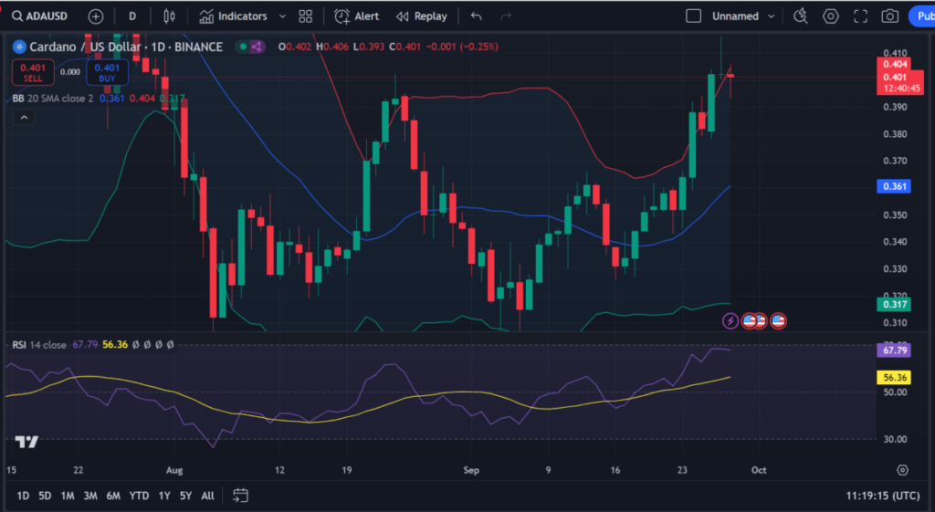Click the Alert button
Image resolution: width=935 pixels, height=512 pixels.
pos(357,16)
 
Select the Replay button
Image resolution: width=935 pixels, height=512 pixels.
pos(421,16)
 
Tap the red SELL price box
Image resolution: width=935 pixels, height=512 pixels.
pos(33,72)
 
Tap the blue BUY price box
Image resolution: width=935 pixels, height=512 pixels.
pos(107,72)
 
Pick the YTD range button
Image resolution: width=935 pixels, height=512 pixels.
pos(139,496)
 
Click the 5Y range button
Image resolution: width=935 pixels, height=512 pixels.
pos(185,496)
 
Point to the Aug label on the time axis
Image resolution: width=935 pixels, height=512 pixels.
pos(175,470)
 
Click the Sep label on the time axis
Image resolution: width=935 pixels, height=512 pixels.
pos(471,470)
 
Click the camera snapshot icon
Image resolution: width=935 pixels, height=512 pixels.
pos(889,16)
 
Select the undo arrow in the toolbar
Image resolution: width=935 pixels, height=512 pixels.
pos(476,16)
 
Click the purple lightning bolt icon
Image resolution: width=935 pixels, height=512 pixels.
pos(730,320)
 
